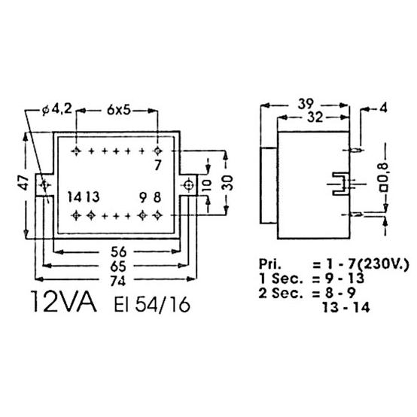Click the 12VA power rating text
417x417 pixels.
coord(64,301)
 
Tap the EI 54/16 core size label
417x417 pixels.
coord(152,304)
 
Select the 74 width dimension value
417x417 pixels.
coord(117,281)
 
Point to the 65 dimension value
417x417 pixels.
coord(118,266)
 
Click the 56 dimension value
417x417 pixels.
coord(118,251)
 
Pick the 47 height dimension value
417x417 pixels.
coord(25,182)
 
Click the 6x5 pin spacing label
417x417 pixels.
coord(119,110)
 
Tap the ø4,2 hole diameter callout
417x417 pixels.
coord(57,109)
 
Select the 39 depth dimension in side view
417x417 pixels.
coord(306,104)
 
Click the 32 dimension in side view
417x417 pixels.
coord(315,117)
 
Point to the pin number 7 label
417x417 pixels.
coord(158,166)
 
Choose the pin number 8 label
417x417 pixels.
coord(157,197)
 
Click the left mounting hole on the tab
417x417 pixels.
coord(44,184)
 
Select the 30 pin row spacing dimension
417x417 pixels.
coord(227,183)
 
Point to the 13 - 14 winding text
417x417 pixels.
coord(346,308)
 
